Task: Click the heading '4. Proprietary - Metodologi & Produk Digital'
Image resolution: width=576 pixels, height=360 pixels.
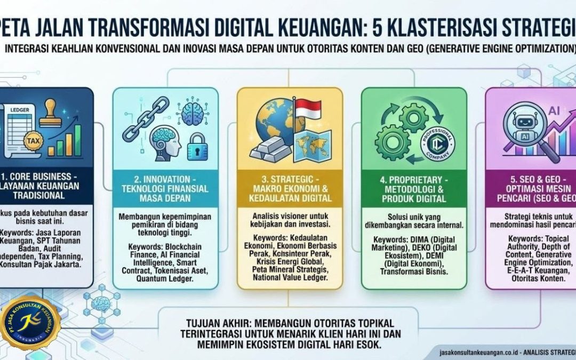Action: coord(413,188)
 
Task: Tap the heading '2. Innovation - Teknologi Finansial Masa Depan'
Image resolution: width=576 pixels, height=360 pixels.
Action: coord(165,188)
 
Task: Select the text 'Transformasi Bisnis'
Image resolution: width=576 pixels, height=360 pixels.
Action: coord(414,271)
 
